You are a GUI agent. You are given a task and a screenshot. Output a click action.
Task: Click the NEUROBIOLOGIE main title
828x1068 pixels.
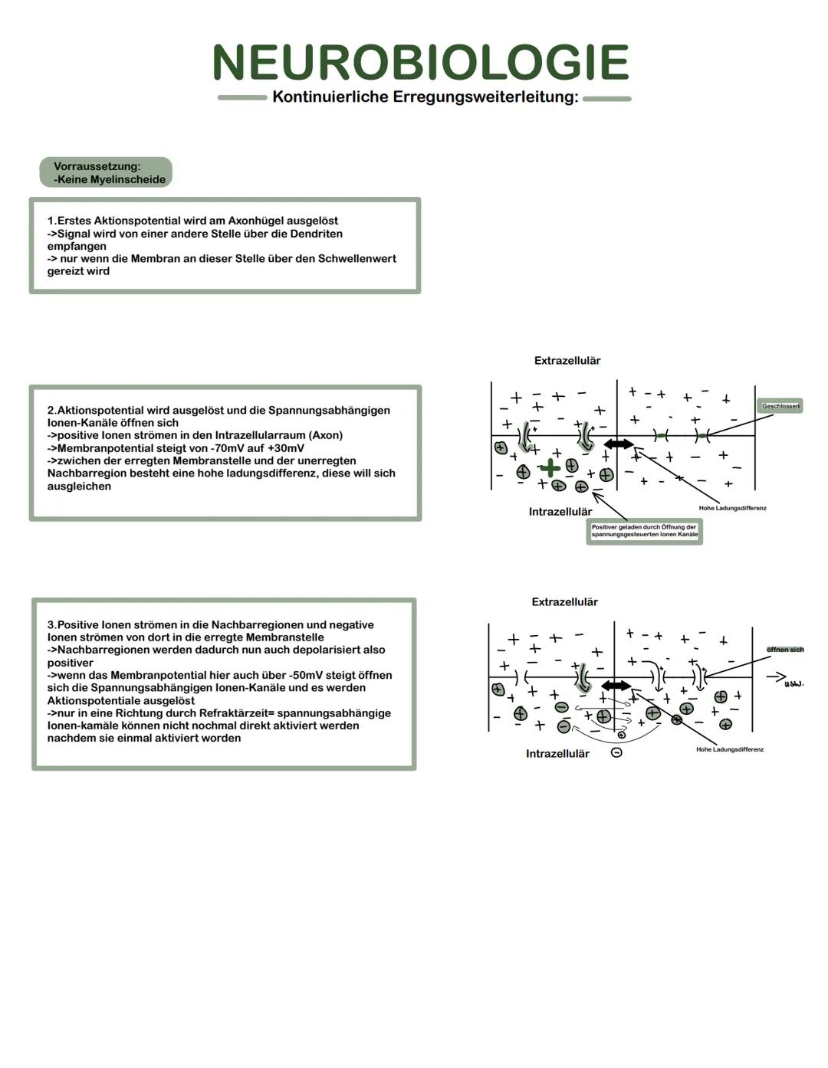tap(420, 63)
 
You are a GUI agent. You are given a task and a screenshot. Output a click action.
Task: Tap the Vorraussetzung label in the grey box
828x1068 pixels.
tap(97, 166)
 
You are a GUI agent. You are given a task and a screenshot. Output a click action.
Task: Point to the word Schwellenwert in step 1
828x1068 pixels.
tap(358, 258)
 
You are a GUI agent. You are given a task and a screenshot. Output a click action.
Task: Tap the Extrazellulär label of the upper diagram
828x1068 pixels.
tap(567, 361)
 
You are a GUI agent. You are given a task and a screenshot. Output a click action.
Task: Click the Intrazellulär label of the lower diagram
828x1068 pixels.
tap(557, 754)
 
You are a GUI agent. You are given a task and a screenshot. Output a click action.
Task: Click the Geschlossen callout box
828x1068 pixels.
tap(780, 406)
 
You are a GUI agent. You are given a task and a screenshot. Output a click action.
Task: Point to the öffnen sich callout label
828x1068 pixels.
tap(785, 650)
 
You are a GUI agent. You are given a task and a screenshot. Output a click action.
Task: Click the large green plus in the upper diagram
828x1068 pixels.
tap(549, 467)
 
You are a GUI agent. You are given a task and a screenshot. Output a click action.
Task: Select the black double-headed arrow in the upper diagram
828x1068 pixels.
tap(619, 444)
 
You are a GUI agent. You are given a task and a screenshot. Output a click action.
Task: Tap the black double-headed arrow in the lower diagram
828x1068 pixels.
tap(616, 686)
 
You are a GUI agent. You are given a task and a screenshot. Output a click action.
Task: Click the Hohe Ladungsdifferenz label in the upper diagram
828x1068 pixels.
tap(732, 508)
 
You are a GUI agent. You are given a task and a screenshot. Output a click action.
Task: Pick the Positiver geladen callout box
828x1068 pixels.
tap(644, 531)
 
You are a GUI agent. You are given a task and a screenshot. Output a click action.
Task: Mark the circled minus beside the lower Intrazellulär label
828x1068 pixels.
tap(616, 753)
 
